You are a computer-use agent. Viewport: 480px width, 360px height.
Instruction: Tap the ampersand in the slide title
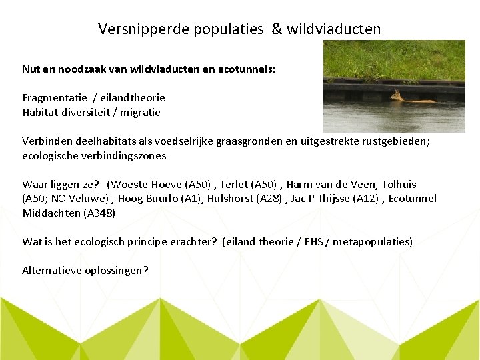pos(277,29)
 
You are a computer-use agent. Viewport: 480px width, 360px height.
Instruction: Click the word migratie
pos(141,112)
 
